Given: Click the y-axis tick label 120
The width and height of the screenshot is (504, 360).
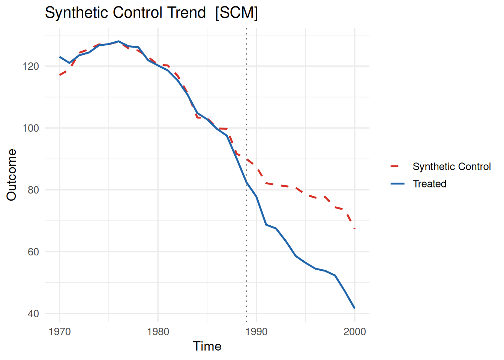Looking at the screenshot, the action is coord(31,66).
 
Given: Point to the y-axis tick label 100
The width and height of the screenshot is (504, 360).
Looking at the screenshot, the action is coord(31,128).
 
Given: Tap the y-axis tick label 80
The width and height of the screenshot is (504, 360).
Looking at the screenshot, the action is coord(33,190).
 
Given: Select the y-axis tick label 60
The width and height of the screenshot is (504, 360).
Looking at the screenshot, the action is coord(33,252).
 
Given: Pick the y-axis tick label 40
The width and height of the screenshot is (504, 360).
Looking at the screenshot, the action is coord(33,314).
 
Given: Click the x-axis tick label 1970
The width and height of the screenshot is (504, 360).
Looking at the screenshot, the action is coord(60,332).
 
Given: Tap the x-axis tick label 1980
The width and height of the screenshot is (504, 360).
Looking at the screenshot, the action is coord(158,332).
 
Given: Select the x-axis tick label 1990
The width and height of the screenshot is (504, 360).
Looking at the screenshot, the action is coord(256,332).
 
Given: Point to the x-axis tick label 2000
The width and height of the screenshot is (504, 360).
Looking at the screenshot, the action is coord(355,332).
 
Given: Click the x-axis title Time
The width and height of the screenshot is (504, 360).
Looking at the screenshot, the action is coord(207,346).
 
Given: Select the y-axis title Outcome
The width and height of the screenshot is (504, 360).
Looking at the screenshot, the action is coord(12,175).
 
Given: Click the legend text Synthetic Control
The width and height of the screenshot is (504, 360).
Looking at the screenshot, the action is coord(451,167).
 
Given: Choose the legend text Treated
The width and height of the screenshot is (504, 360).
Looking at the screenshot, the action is coord(429,184).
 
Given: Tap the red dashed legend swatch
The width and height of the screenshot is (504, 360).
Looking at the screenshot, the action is coord(397,167).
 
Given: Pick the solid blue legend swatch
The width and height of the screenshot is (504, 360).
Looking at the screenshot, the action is coord(397,184).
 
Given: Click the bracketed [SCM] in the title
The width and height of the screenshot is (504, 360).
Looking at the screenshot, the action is coord(237,13).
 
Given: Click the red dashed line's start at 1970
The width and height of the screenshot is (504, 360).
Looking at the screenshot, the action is coord(60,75).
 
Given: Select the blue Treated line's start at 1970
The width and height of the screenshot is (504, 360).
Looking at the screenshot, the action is coord(60,57).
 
